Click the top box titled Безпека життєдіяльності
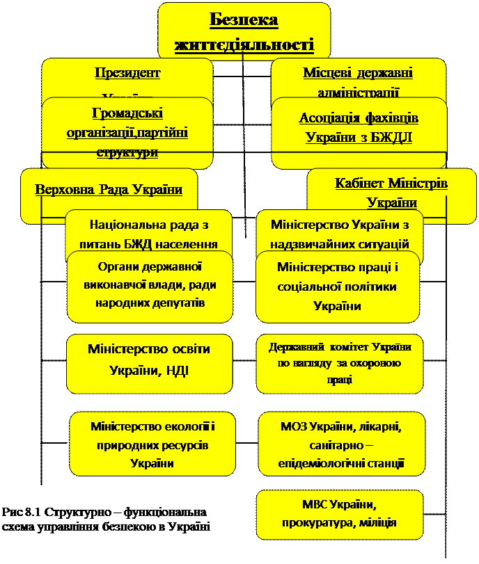click(x=244, y=31)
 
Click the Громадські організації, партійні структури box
click(x=127, y=132)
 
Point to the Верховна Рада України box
click(x=109, y=191)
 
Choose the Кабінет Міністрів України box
click(x=391, y=192)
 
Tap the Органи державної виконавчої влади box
click(x=150, y=287)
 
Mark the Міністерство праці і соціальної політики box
click(x=338, y=287)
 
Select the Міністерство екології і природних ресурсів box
click(x=152, y=444)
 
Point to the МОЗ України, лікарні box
click(x=341, y=444)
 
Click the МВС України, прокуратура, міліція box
click(x=340, y=513)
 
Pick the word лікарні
click(x=379, y=425)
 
